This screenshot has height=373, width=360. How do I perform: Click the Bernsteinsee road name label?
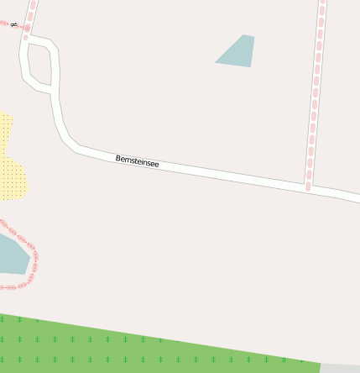click(137, 160)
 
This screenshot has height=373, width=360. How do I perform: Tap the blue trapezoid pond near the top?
click(237, 51)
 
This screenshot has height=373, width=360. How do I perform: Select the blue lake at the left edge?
click(12, 255)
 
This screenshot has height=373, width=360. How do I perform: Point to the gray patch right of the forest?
click(340, 368)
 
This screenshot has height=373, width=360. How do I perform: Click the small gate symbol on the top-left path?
click(14, 25)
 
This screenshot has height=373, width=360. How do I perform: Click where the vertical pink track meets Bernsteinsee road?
click(308, 185)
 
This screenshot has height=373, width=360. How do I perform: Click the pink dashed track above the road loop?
click(32, 13)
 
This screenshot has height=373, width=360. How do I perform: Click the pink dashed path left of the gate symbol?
click(5, 24)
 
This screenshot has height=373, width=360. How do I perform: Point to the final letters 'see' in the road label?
click(152, 163)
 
